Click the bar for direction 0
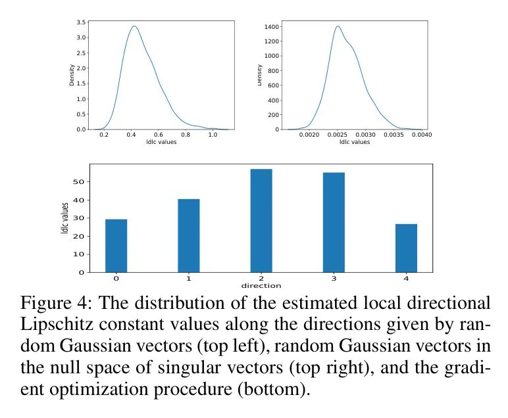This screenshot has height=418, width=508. click(116, 245)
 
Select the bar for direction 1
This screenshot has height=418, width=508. click(189, 235)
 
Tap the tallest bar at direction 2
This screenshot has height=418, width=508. click(261, 220)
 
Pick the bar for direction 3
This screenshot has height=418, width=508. click(334, 222)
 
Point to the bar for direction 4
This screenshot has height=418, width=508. click(406, 248)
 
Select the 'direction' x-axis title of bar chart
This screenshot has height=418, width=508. click(261, 286)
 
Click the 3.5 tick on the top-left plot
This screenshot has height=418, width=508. click(80, 22)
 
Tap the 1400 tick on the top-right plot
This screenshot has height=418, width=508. click(271, 27)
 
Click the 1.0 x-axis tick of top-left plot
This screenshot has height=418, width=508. click(213, 135)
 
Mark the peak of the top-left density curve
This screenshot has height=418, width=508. click(134, 26)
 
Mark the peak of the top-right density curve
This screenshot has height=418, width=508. click(338, 26)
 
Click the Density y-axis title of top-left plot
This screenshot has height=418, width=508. click(72, 75)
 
